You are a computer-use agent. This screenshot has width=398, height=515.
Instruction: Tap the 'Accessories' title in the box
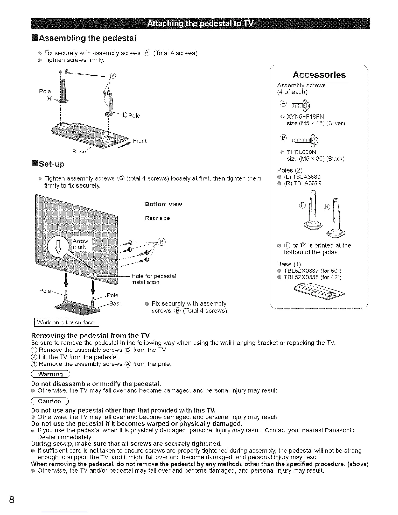319,75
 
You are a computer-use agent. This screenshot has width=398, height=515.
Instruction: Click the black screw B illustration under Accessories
306,140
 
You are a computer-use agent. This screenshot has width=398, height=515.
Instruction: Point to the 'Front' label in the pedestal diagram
140,141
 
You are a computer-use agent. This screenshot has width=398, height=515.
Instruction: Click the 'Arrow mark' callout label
80,244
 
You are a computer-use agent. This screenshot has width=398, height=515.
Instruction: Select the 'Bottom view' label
164,204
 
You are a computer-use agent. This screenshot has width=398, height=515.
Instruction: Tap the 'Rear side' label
157,218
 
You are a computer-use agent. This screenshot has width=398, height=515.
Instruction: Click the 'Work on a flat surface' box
66,323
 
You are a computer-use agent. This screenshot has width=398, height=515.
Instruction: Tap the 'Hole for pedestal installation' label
153,279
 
